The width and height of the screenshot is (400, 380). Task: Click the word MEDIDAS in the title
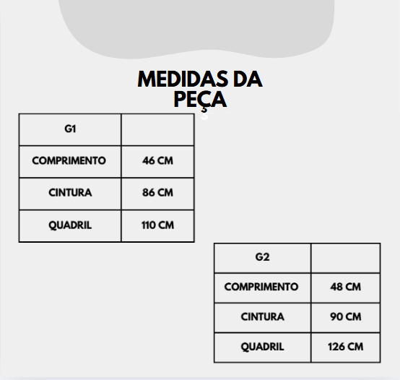[183, 79]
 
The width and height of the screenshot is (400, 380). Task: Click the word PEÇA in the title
[200, 100]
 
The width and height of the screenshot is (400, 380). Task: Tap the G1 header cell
[70, 129]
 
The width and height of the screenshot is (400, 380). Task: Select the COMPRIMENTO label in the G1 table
[69, 160]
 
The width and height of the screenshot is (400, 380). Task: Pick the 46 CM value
[157, 160]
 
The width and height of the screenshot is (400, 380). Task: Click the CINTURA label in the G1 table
[70, 193]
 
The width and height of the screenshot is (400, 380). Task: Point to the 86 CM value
[157, 193]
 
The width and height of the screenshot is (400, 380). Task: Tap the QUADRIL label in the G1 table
[70, 225]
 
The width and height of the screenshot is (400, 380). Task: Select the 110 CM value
[157, 225]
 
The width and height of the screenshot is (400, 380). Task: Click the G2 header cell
[263, 257]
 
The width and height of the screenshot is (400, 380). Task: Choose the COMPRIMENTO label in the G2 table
[261, 287]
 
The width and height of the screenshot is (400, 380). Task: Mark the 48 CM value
[346, 287]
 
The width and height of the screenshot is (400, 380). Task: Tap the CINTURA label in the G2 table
[263, 316]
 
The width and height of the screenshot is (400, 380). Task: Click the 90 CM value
[346, 316]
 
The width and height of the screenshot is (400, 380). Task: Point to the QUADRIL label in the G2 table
[263, 347]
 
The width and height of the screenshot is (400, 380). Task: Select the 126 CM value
[346, 347]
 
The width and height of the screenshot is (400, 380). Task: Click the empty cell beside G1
[157, 129]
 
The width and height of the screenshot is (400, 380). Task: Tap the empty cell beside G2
[346, 258]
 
